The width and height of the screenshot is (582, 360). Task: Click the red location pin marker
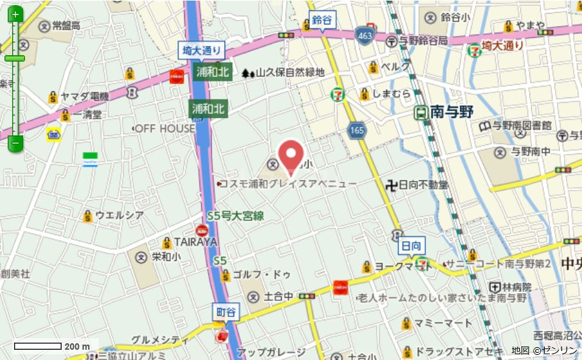point(291,155)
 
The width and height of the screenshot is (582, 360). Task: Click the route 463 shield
point(364,35)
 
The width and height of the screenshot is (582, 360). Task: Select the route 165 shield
point(357,131)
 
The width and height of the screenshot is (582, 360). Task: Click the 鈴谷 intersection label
point(322,20)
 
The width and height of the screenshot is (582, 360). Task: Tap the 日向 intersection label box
point(411,245)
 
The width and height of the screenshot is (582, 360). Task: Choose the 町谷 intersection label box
point(225,311)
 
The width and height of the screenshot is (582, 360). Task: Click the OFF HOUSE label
point(164,128)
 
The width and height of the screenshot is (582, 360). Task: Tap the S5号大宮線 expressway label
point(235,216)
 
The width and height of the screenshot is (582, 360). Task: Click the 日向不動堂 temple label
point(424,185)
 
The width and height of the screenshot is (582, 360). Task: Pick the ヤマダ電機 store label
point(84,97)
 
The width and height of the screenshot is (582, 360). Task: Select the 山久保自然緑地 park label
point(290,73)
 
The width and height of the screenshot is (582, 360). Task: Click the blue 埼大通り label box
point(201,49)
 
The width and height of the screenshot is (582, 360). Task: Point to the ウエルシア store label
point(119,215)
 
